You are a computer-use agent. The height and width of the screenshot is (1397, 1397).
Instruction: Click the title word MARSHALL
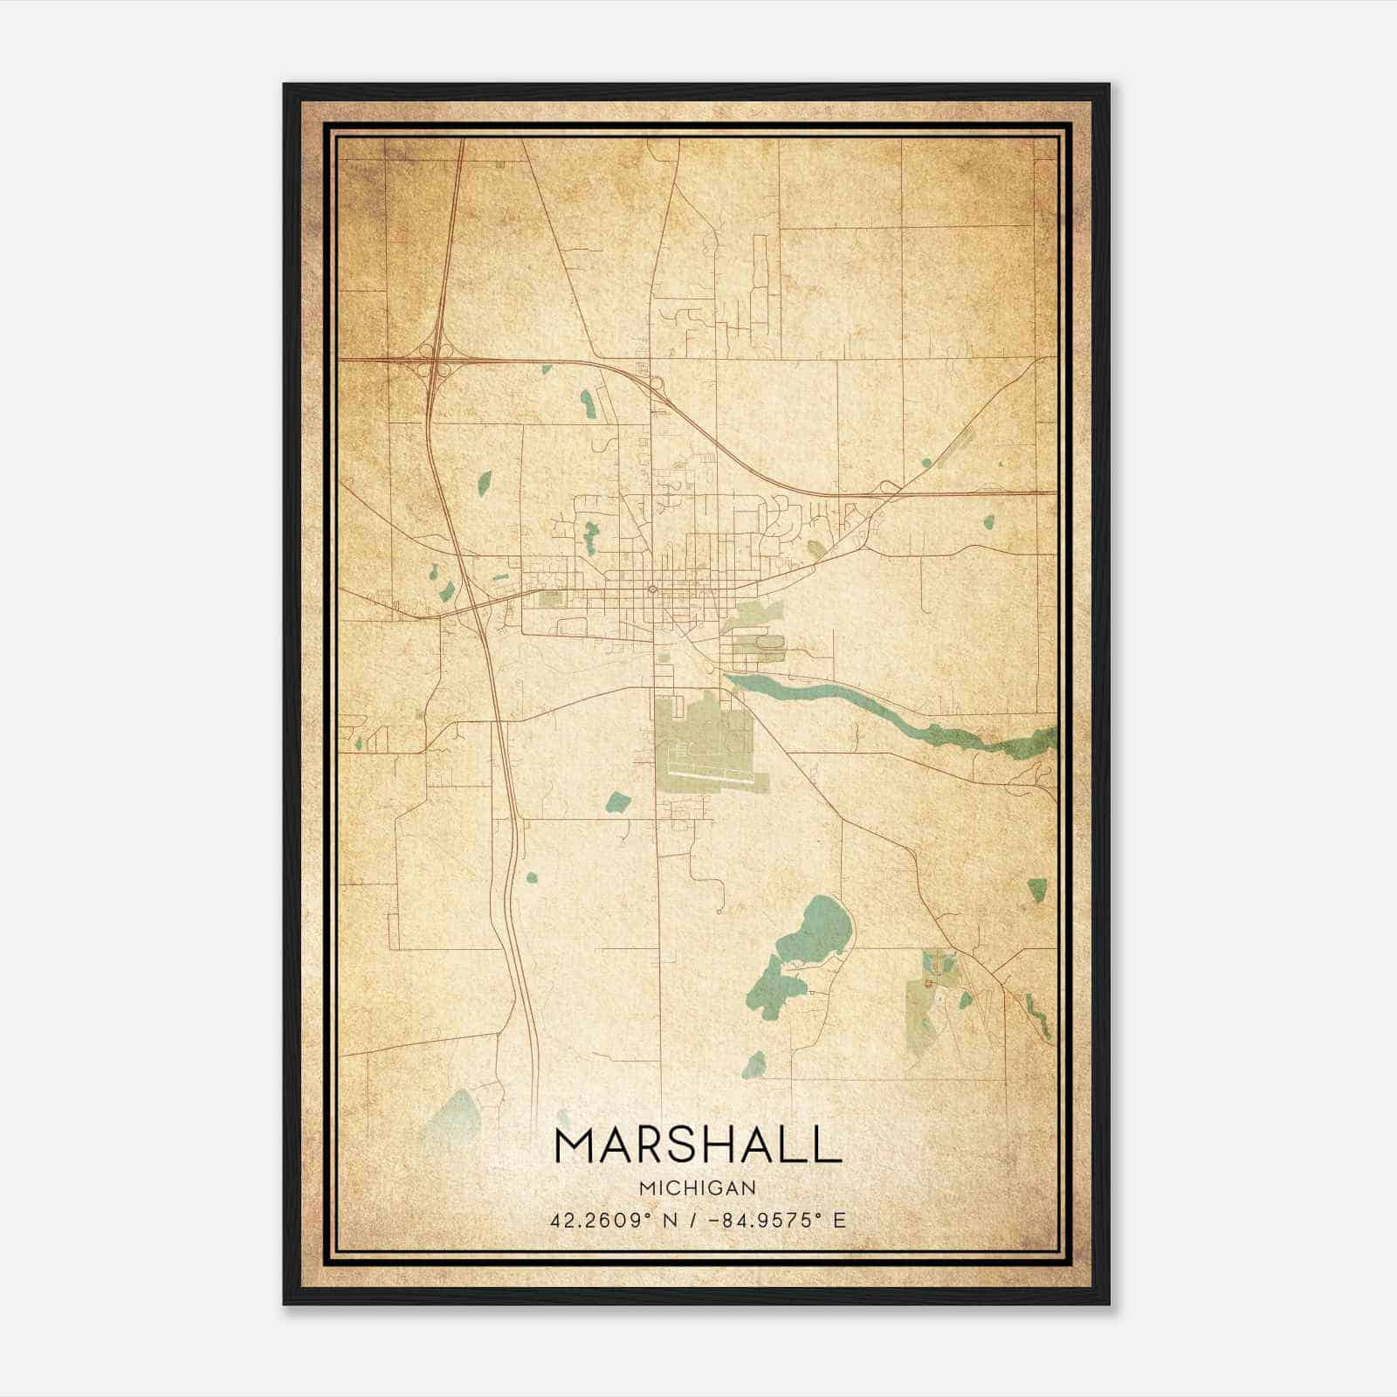[698, 1145]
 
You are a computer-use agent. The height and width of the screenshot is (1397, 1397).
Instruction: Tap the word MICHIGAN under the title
[698, 1187]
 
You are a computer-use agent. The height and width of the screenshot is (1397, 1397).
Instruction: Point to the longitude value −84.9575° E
[775, 1221]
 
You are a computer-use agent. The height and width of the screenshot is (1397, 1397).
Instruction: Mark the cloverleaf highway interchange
[434, 359]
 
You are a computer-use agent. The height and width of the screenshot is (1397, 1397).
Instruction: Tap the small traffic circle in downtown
[652, 588]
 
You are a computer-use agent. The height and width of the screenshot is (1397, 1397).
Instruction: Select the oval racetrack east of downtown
[773, 643]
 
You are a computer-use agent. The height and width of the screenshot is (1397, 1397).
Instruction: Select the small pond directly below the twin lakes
[754, 1064]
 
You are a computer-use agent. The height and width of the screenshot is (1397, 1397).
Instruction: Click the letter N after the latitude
[670, 1221]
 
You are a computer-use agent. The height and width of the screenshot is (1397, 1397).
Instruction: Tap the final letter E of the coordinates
[840, 1221]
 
